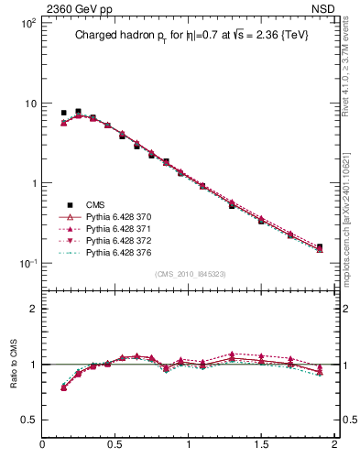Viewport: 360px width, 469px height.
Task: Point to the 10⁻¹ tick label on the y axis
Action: coord(27,264)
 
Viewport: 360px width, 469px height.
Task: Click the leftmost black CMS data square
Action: coord(63,113)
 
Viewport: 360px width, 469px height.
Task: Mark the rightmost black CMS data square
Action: coord(319,247)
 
